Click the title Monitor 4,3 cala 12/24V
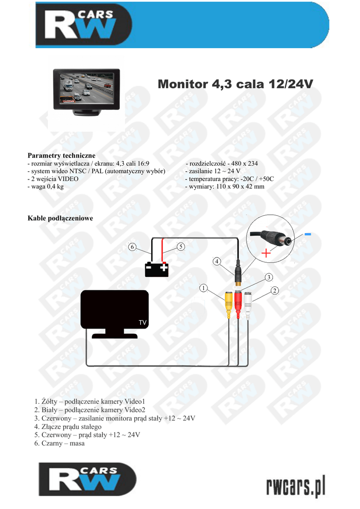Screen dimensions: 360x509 coord(235,84)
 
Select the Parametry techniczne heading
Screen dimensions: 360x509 coord(61,156)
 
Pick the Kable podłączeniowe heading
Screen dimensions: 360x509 coord(60,218)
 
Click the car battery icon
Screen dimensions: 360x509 coord(156,269)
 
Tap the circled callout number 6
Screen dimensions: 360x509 coord(132,247)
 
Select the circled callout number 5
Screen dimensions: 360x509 coord(180,246)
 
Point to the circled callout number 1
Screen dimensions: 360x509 coord(203,288)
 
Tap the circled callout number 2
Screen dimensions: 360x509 coord(274,290)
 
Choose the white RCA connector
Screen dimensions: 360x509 coord(248,303)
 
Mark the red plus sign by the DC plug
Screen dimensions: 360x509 coord(267,253)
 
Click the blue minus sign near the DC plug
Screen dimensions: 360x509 coord(308,234)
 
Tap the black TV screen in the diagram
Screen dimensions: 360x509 coord(115,310)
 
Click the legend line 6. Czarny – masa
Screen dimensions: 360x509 coord(60,443)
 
